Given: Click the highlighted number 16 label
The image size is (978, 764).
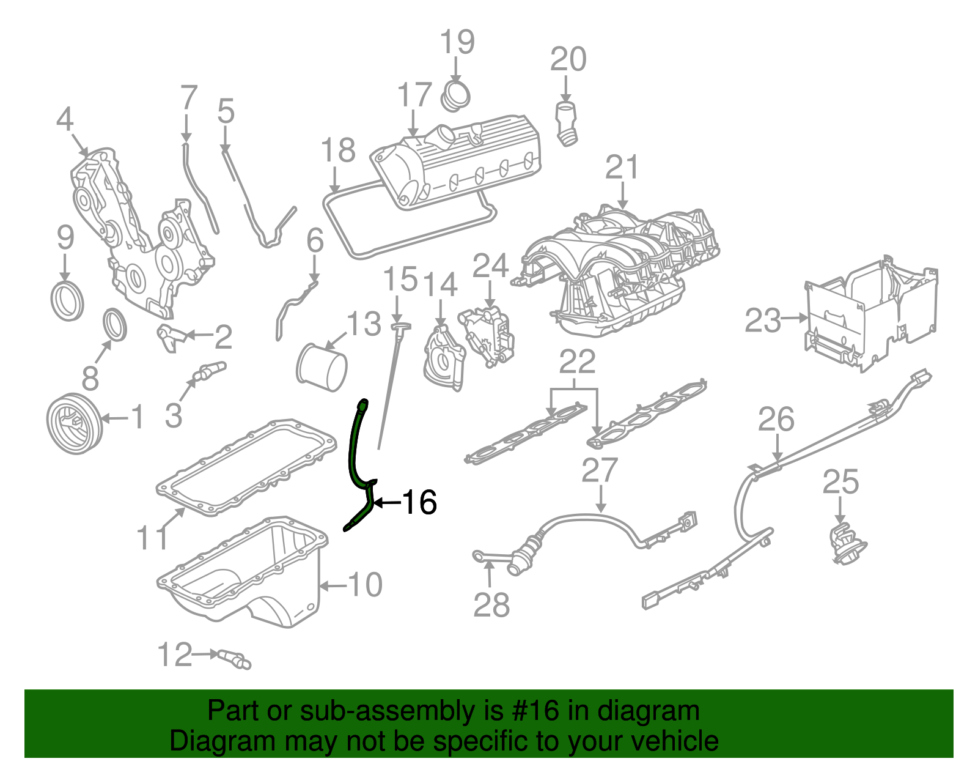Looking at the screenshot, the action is pos(419,502).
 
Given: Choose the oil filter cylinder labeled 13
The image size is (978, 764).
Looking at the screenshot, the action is pos(322,368).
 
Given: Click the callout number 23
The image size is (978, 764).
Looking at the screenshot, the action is pos(762,320).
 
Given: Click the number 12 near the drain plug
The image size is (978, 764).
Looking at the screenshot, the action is pos(175,655).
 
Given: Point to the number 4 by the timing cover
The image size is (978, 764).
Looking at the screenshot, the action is pos(64,119).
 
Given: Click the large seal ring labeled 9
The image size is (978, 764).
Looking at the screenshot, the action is pos(66,300).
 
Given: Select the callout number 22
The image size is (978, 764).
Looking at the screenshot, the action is pos(577,362).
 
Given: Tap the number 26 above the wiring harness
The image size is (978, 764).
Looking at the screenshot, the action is pos(776,420).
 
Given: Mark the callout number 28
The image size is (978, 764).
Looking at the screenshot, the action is pos(491,606).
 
